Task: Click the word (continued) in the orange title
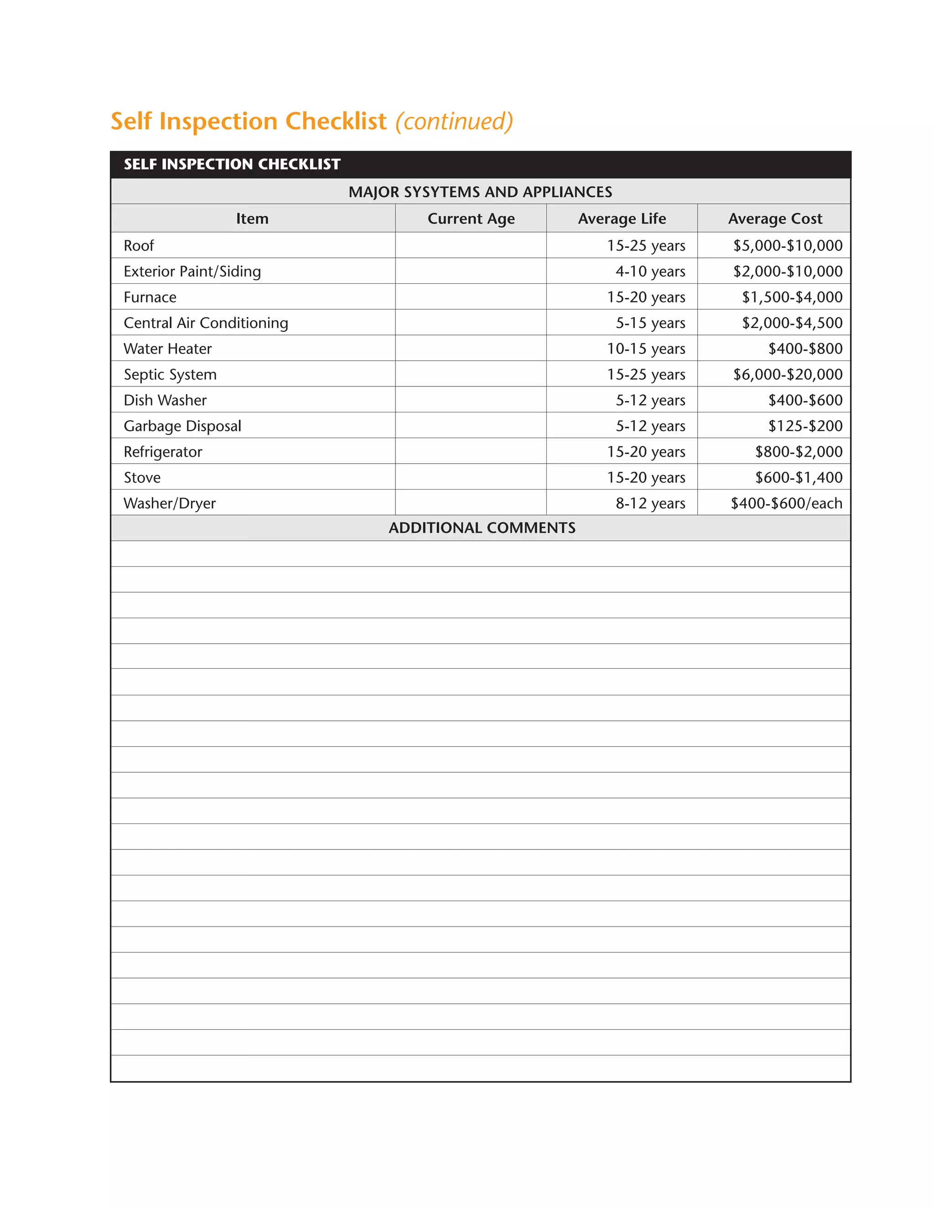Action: (x=454, y=121)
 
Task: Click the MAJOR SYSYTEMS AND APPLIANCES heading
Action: (x=480, y=192)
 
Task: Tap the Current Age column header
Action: (x=471, y=219)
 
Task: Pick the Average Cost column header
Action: (x=775, y=219)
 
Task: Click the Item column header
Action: (x=252, y=219)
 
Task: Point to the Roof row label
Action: (x=139, y=245)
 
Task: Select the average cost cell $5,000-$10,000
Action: (x=787, y=245)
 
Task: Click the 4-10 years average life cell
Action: (x=650, y=271)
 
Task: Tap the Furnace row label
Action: (x=150, y=297)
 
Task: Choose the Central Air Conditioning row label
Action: (x=206, y=323)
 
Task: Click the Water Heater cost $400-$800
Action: (x=805, y=349)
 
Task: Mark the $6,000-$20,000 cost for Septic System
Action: (x=787, y=374)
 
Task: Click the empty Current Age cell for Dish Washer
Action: (x=471, y=400)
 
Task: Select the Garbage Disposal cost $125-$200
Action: (x=805, y=426)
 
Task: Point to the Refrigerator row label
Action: (x=163, y=452)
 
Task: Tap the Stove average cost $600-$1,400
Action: (x=799, y=477)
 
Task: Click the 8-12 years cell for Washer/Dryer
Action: (x=650, y=503)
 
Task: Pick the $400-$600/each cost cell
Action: (x=786, y=503)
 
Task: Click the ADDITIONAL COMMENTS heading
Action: (x=482, y=527)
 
